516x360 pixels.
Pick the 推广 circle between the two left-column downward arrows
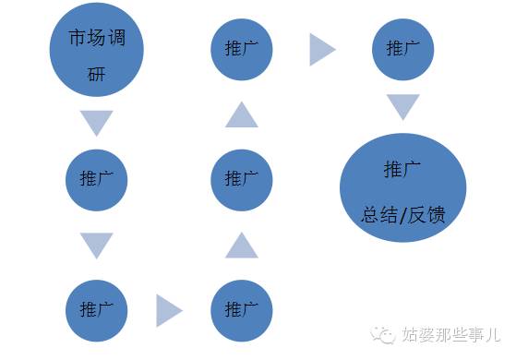97,178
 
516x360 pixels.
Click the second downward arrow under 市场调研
96,245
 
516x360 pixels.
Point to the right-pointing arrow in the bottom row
168,310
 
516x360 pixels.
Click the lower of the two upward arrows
241,245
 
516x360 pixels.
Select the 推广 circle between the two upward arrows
241,178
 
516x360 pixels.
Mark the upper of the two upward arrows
241,114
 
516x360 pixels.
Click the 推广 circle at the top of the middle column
241,47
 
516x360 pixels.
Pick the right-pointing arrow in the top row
321,49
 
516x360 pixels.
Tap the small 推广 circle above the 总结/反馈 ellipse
402,47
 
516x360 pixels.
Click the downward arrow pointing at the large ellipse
402,107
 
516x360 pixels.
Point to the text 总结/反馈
402,215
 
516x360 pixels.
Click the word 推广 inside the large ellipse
402,170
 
